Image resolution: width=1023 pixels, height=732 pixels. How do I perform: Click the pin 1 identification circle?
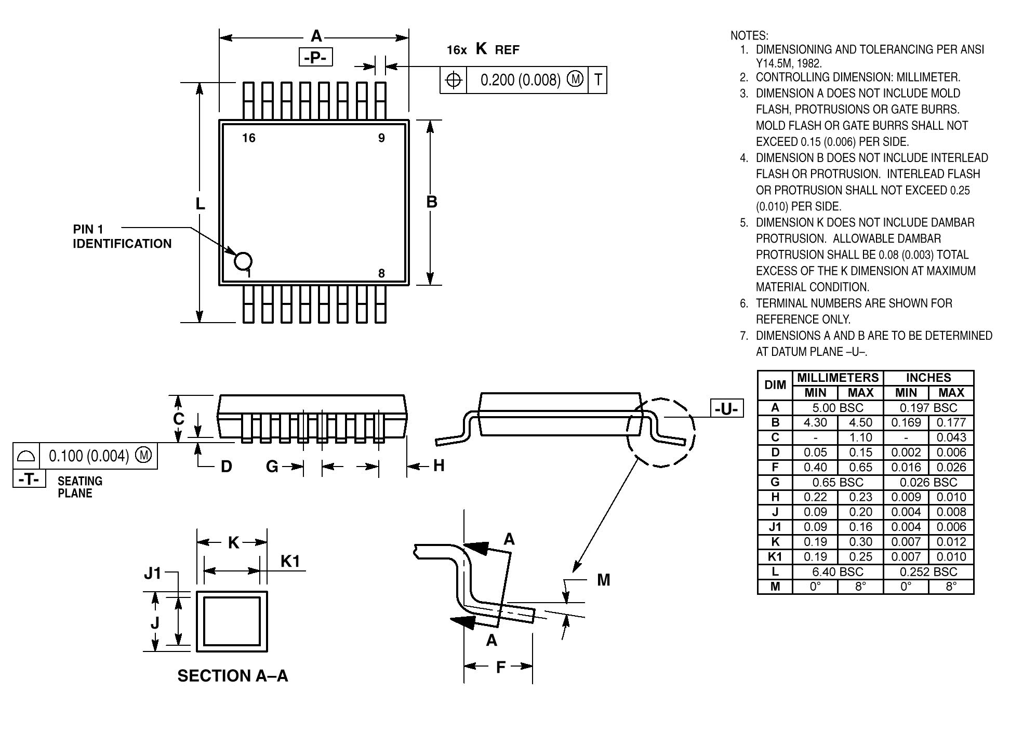[243, 261]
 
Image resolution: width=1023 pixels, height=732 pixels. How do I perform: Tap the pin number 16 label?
[249, 138]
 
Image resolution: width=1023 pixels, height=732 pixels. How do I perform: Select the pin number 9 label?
[381, 138]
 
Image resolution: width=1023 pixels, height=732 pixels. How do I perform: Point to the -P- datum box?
[315, 57]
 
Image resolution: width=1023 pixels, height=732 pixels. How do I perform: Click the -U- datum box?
[726, 409]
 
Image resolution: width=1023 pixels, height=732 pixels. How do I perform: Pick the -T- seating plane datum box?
[29, 478]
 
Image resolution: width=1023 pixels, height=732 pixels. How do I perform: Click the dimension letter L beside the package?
[200, 204]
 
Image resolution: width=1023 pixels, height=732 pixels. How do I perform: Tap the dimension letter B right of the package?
[431, 202]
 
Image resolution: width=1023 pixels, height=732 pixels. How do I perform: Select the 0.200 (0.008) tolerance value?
[520, 80]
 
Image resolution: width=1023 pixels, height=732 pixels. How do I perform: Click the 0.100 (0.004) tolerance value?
[88, 456]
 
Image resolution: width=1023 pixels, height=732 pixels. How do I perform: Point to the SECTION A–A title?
[232, 675]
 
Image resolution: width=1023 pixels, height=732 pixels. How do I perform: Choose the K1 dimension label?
[290, 561]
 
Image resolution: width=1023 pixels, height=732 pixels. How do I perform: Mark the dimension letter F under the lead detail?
[500, 667]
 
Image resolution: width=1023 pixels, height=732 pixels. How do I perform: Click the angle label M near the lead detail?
[603, 580]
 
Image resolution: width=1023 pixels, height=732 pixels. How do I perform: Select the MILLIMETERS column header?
[838, 378]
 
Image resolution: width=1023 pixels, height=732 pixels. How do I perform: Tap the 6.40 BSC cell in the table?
[838, 571]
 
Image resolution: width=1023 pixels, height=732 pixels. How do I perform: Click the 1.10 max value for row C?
[860, 437]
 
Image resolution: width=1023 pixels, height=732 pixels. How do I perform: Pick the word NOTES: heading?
[749, 36]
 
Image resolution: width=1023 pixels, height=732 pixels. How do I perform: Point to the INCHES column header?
[928, 378]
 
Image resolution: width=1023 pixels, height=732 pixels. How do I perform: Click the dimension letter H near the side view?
[439, 465]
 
